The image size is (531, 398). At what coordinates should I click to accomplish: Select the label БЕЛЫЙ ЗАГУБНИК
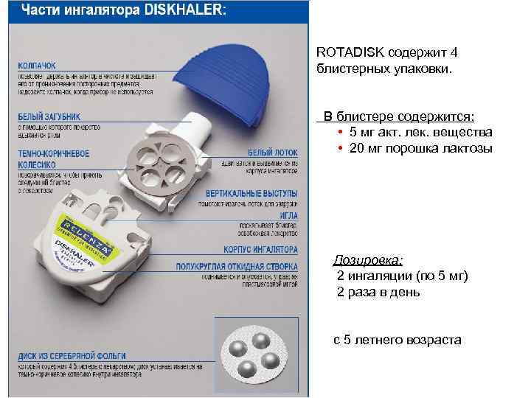tap(49, 116)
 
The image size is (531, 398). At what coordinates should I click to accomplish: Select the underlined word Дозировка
tap(368, 260)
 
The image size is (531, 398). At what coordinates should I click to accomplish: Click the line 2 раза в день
tap(378, 292)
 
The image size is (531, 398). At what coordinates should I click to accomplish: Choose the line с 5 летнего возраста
tap(398, 340)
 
